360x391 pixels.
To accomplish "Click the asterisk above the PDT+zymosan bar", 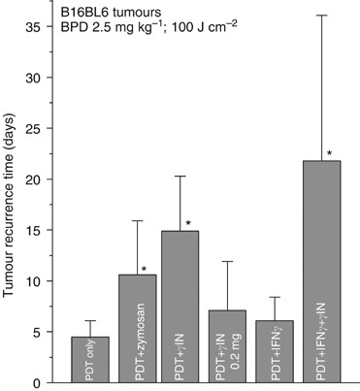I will click(x=143, y=269).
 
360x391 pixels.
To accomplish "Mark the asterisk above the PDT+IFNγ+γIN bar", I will click(x=331, y=153).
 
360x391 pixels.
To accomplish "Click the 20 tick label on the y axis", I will click(x=43, y=179).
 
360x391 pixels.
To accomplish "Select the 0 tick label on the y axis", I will click(x=47, y=382).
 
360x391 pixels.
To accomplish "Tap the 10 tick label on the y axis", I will click(x=43, y=281).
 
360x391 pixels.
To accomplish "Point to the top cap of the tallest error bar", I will click(x=321, y=16).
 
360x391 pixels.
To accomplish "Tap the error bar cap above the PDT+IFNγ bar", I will click(x=275, y=297).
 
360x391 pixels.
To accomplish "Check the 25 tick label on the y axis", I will click(x=43, y=128).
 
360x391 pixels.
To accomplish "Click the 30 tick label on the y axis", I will click(x=43, y=78).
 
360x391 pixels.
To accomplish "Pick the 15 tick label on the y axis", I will click(x=43, y=231).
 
